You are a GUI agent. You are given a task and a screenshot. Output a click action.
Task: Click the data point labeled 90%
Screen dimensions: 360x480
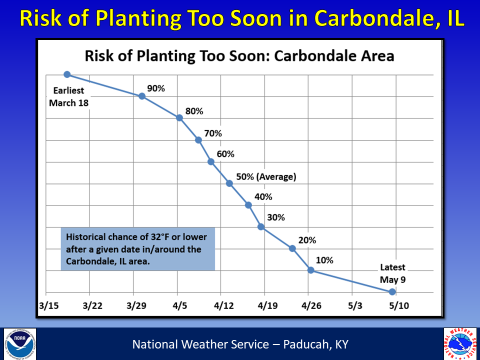click(142, 96)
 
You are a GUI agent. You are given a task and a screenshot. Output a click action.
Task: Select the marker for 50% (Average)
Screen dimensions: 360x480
click(229, 183)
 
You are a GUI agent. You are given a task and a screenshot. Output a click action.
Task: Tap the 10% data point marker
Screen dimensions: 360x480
click(310, 270)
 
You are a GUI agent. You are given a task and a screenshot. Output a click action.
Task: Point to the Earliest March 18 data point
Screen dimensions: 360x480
click(67, 74)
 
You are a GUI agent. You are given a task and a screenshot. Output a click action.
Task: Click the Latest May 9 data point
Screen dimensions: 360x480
click(392, 291)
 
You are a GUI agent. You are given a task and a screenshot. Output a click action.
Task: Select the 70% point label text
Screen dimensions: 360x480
click(212, 133)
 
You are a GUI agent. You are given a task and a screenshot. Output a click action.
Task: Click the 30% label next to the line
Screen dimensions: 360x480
click(275, 217)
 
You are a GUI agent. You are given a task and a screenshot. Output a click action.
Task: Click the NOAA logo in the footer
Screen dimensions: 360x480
click(20, 344)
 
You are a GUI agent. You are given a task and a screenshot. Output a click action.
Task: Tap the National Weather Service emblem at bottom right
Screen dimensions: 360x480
click(460, 344)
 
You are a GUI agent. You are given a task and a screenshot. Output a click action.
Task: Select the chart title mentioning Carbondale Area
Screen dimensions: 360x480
click(239, 55)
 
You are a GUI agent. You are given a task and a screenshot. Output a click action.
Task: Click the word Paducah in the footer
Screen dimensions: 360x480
click(305, 344)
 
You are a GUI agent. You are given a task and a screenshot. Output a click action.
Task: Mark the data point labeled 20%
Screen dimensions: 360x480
click(292, 248)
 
